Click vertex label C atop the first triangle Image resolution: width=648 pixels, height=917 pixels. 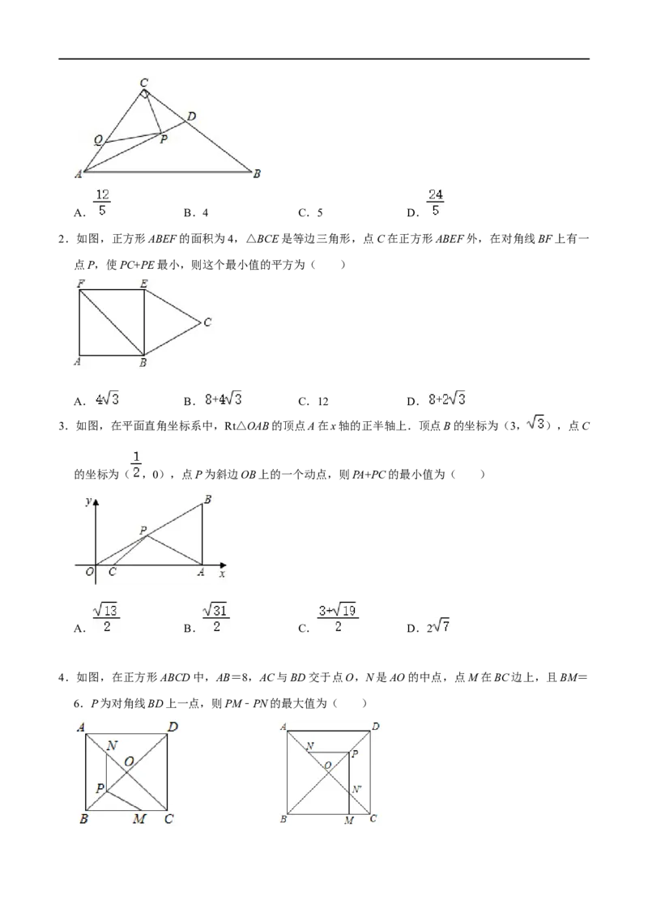(x=144, y=83)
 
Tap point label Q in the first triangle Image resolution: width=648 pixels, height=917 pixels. (x=98, y=140)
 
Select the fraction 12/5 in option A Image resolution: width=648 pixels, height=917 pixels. (x=102, y=203)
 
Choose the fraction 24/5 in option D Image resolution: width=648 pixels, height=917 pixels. (x=435, y=203)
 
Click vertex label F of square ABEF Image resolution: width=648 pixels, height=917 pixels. (x=81, y=284)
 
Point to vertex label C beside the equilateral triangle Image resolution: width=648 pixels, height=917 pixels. (x=207, y=322)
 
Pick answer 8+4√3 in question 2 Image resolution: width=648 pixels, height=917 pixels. (x=223, y=399)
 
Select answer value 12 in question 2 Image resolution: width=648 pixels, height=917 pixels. (x=323, y=402)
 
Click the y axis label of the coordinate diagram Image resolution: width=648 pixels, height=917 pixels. (x=87, y=501)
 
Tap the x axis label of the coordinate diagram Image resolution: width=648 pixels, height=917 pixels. (x=222, y=574)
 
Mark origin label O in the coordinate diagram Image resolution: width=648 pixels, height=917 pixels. (x=89, y=571)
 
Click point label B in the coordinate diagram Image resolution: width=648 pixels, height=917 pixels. (x=207, y=500)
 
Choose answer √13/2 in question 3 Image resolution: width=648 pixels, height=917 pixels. (x=106, y=618)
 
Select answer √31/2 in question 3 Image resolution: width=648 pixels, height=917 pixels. (x=215, y=618)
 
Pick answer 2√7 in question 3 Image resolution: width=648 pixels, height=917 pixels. (x=438, y=627)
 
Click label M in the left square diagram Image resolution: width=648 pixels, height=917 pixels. (x=139, y=819)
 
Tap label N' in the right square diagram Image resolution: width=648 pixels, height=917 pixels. (x=356, y=790)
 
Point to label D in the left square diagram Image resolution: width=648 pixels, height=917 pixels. (x=173, y=727)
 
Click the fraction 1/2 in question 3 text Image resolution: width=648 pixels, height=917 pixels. (x=136, y=465)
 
